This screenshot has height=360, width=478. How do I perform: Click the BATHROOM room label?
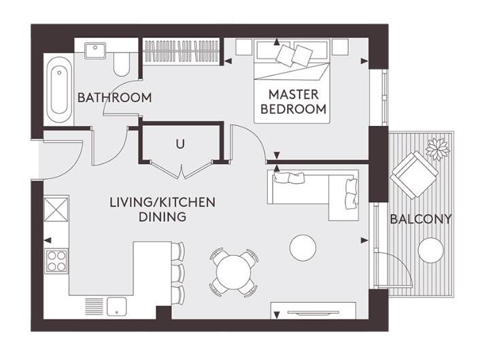click(114, 97)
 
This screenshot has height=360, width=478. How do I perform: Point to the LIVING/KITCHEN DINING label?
click(163, 210)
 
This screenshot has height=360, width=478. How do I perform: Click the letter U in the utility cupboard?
click(180, 144)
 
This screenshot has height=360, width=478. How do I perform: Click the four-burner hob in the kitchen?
click(56, 260)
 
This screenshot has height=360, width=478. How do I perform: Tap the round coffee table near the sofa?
click(303, 247)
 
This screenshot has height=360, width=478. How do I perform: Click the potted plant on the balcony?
click(435, 146)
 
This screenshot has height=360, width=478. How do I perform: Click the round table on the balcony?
click(430, 250)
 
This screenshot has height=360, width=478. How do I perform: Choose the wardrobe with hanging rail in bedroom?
click(181, 51)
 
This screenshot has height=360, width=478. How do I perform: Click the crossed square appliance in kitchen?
click(56, 208)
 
